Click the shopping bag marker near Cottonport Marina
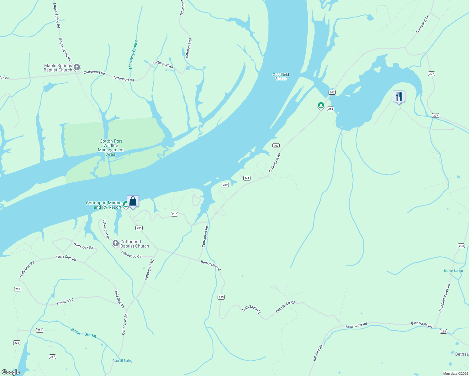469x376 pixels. click(x=133, y=201)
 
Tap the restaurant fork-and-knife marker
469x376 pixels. click(x=399, y=97)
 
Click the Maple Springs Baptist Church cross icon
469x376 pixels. click(x=77, y=67)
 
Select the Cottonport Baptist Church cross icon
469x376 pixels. click(x=115, y=243)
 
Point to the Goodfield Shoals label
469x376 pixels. click(x=281, y=77)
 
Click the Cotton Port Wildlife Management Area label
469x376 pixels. click(x=111, y=148)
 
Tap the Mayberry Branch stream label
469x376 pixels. click(x=133, y=54)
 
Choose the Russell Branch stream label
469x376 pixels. click(x=83, y=333)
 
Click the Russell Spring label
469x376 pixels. click(x=123, y=361)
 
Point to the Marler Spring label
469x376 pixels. click(x=453, y=271)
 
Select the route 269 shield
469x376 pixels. click(x=276, y=146)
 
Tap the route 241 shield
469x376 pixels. click(x=247, y=178)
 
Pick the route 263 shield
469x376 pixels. click(x=461, y=246)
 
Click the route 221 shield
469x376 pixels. click(x=40, y=330)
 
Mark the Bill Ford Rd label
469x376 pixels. click(x=318, y=353)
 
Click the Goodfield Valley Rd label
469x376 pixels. click(x=445, y=298)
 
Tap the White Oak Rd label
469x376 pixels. click(x=83, y=245)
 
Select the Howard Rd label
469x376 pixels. click(x=65, y=301)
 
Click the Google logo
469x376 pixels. click(x=11, y=372)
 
